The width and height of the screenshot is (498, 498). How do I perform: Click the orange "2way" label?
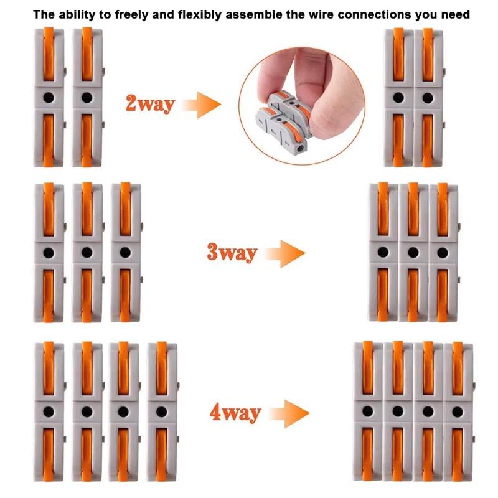coord(150,104)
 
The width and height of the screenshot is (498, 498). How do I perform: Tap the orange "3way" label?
coord(232,253)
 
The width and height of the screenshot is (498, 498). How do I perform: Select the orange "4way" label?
coord(235,413)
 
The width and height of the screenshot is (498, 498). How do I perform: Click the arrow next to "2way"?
coord(201,105)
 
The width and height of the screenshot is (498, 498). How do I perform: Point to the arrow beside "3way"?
coord(285,253)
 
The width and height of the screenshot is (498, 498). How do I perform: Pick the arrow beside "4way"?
coord(289,413)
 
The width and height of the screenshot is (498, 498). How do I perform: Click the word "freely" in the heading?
coord(128,15)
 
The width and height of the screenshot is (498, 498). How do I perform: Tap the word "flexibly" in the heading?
coord(199,15)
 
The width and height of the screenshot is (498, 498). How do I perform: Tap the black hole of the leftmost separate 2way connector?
coord(49,98)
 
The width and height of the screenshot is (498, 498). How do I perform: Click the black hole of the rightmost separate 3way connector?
coord(125,253)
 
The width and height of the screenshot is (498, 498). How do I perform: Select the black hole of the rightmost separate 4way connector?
coord(161,412)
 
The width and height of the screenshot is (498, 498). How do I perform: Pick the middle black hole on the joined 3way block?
coord(413,253)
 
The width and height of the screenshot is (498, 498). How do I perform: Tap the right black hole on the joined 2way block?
coord(428,98)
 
